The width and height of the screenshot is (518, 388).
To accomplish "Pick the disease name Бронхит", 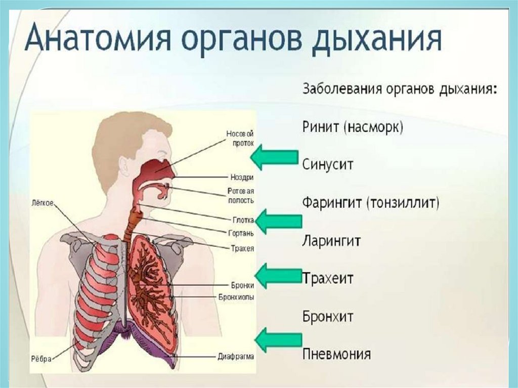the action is pos(328,317).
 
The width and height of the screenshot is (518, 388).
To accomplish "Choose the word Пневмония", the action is pos(336,354).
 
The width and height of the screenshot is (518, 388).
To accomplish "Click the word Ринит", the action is pos(320,127).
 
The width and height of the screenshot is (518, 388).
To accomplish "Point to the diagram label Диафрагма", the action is pos(236,356).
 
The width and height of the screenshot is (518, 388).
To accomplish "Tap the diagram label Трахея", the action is pos(242,249).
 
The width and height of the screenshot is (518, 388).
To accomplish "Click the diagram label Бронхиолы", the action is pos(236,296).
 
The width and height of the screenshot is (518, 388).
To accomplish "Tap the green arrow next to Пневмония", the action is pos(278,339).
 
